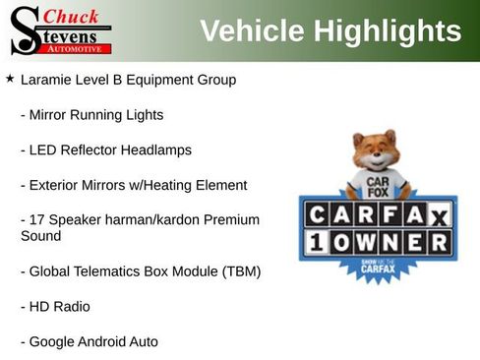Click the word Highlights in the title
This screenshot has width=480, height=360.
[387, 31]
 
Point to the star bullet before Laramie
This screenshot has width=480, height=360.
[9, 78]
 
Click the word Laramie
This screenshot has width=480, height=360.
[48, 79]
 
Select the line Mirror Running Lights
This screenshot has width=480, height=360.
[91, 114]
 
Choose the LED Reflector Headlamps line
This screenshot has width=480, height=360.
[105, 150]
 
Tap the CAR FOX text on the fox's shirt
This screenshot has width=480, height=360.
[374, 187]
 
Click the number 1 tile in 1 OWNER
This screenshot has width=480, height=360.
[319, 241]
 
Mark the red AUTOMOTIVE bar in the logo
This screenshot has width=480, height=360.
[76, 47]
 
